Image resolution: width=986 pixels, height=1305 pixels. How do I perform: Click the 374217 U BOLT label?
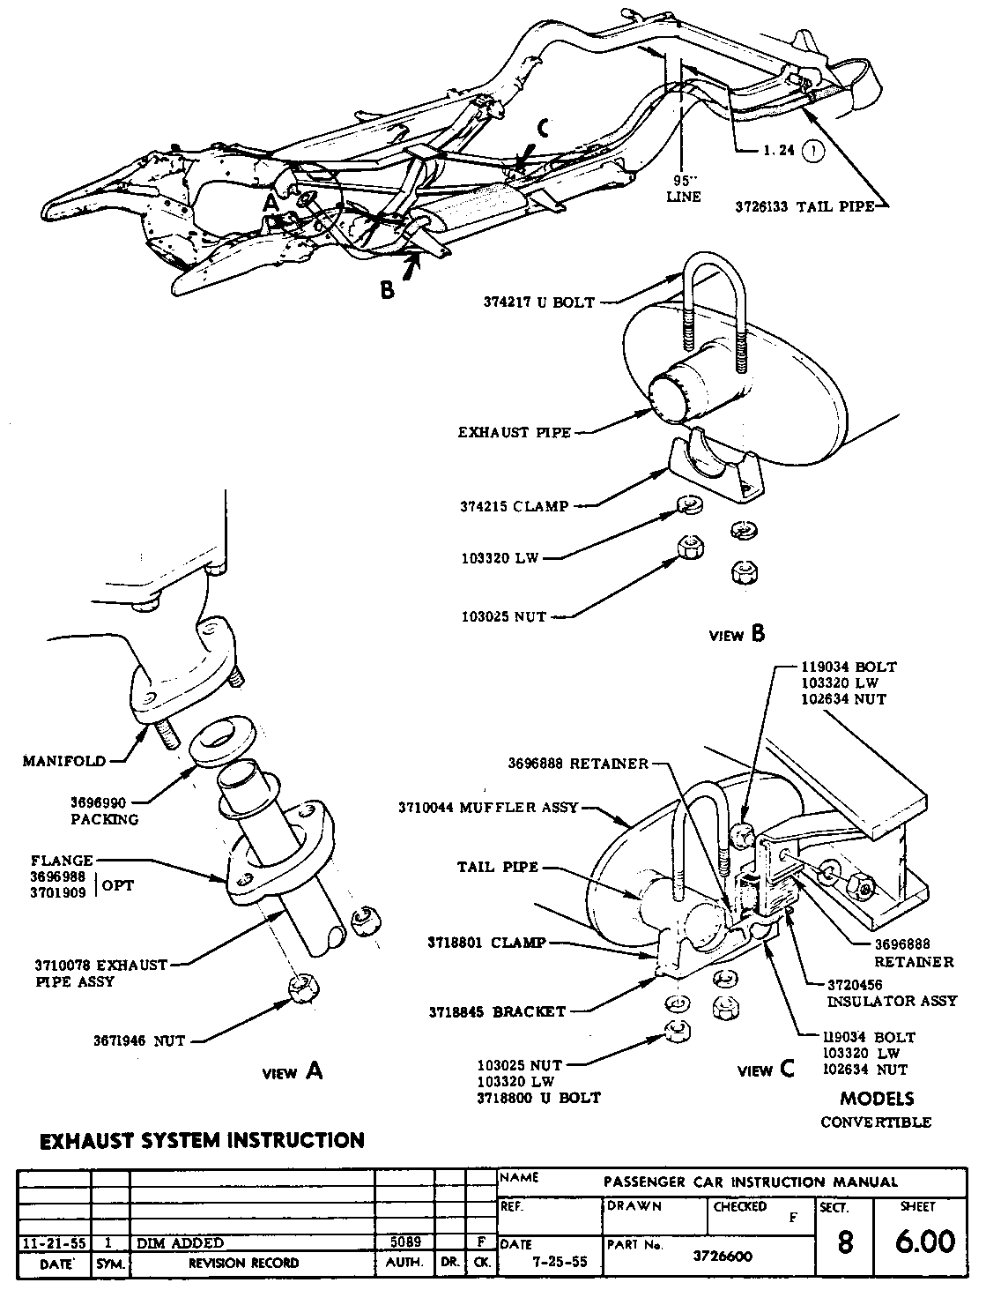click(537, 302)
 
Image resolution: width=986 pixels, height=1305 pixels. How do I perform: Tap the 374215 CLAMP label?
click(514, 507)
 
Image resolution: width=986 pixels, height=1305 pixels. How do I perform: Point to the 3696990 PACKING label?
click(104, 811)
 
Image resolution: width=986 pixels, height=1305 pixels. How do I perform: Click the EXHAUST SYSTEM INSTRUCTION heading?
click(203, 1140)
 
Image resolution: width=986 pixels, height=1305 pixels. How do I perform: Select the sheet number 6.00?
click(924, 1242)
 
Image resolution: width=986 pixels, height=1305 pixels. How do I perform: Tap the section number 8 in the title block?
click(844, 1242)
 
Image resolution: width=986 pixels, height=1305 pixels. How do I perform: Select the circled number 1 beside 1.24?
click(815, 151)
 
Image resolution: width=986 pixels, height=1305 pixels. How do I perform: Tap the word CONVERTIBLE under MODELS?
click(876, 1122)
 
